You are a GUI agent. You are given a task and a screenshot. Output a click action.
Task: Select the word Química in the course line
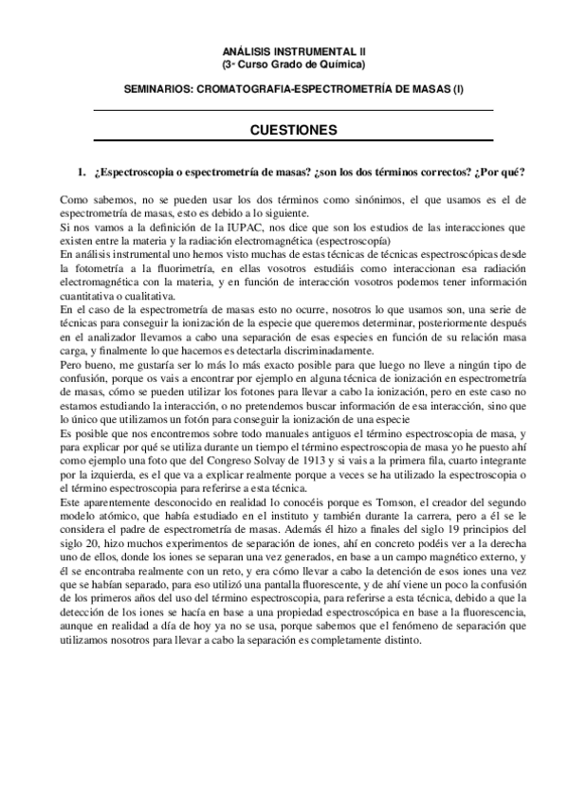[x=340, y=64]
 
